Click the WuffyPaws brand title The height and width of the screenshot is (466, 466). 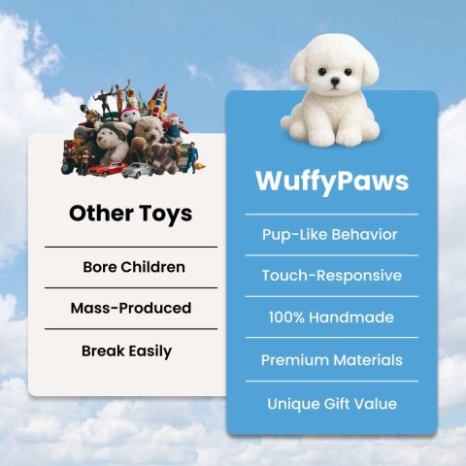click(331, 182)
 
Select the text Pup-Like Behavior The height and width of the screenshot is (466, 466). click(330, 235)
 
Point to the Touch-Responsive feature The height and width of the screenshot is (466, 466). click(331, 276)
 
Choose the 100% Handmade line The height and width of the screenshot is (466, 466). click(331, 317)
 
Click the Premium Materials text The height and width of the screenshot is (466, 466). click(331, 360)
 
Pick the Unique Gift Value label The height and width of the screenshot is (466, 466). click(331, 403)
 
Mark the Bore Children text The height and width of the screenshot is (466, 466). click(134, 266)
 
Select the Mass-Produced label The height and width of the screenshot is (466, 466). click(130, 308)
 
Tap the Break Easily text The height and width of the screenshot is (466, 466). click(126, 351)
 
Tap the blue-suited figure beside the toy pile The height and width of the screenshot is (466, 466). click(190, 157)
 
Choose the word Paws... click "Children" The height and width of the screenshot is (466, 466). click(158, 266)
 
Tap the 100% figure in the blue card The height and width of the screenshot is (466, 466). click(288, 317)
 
